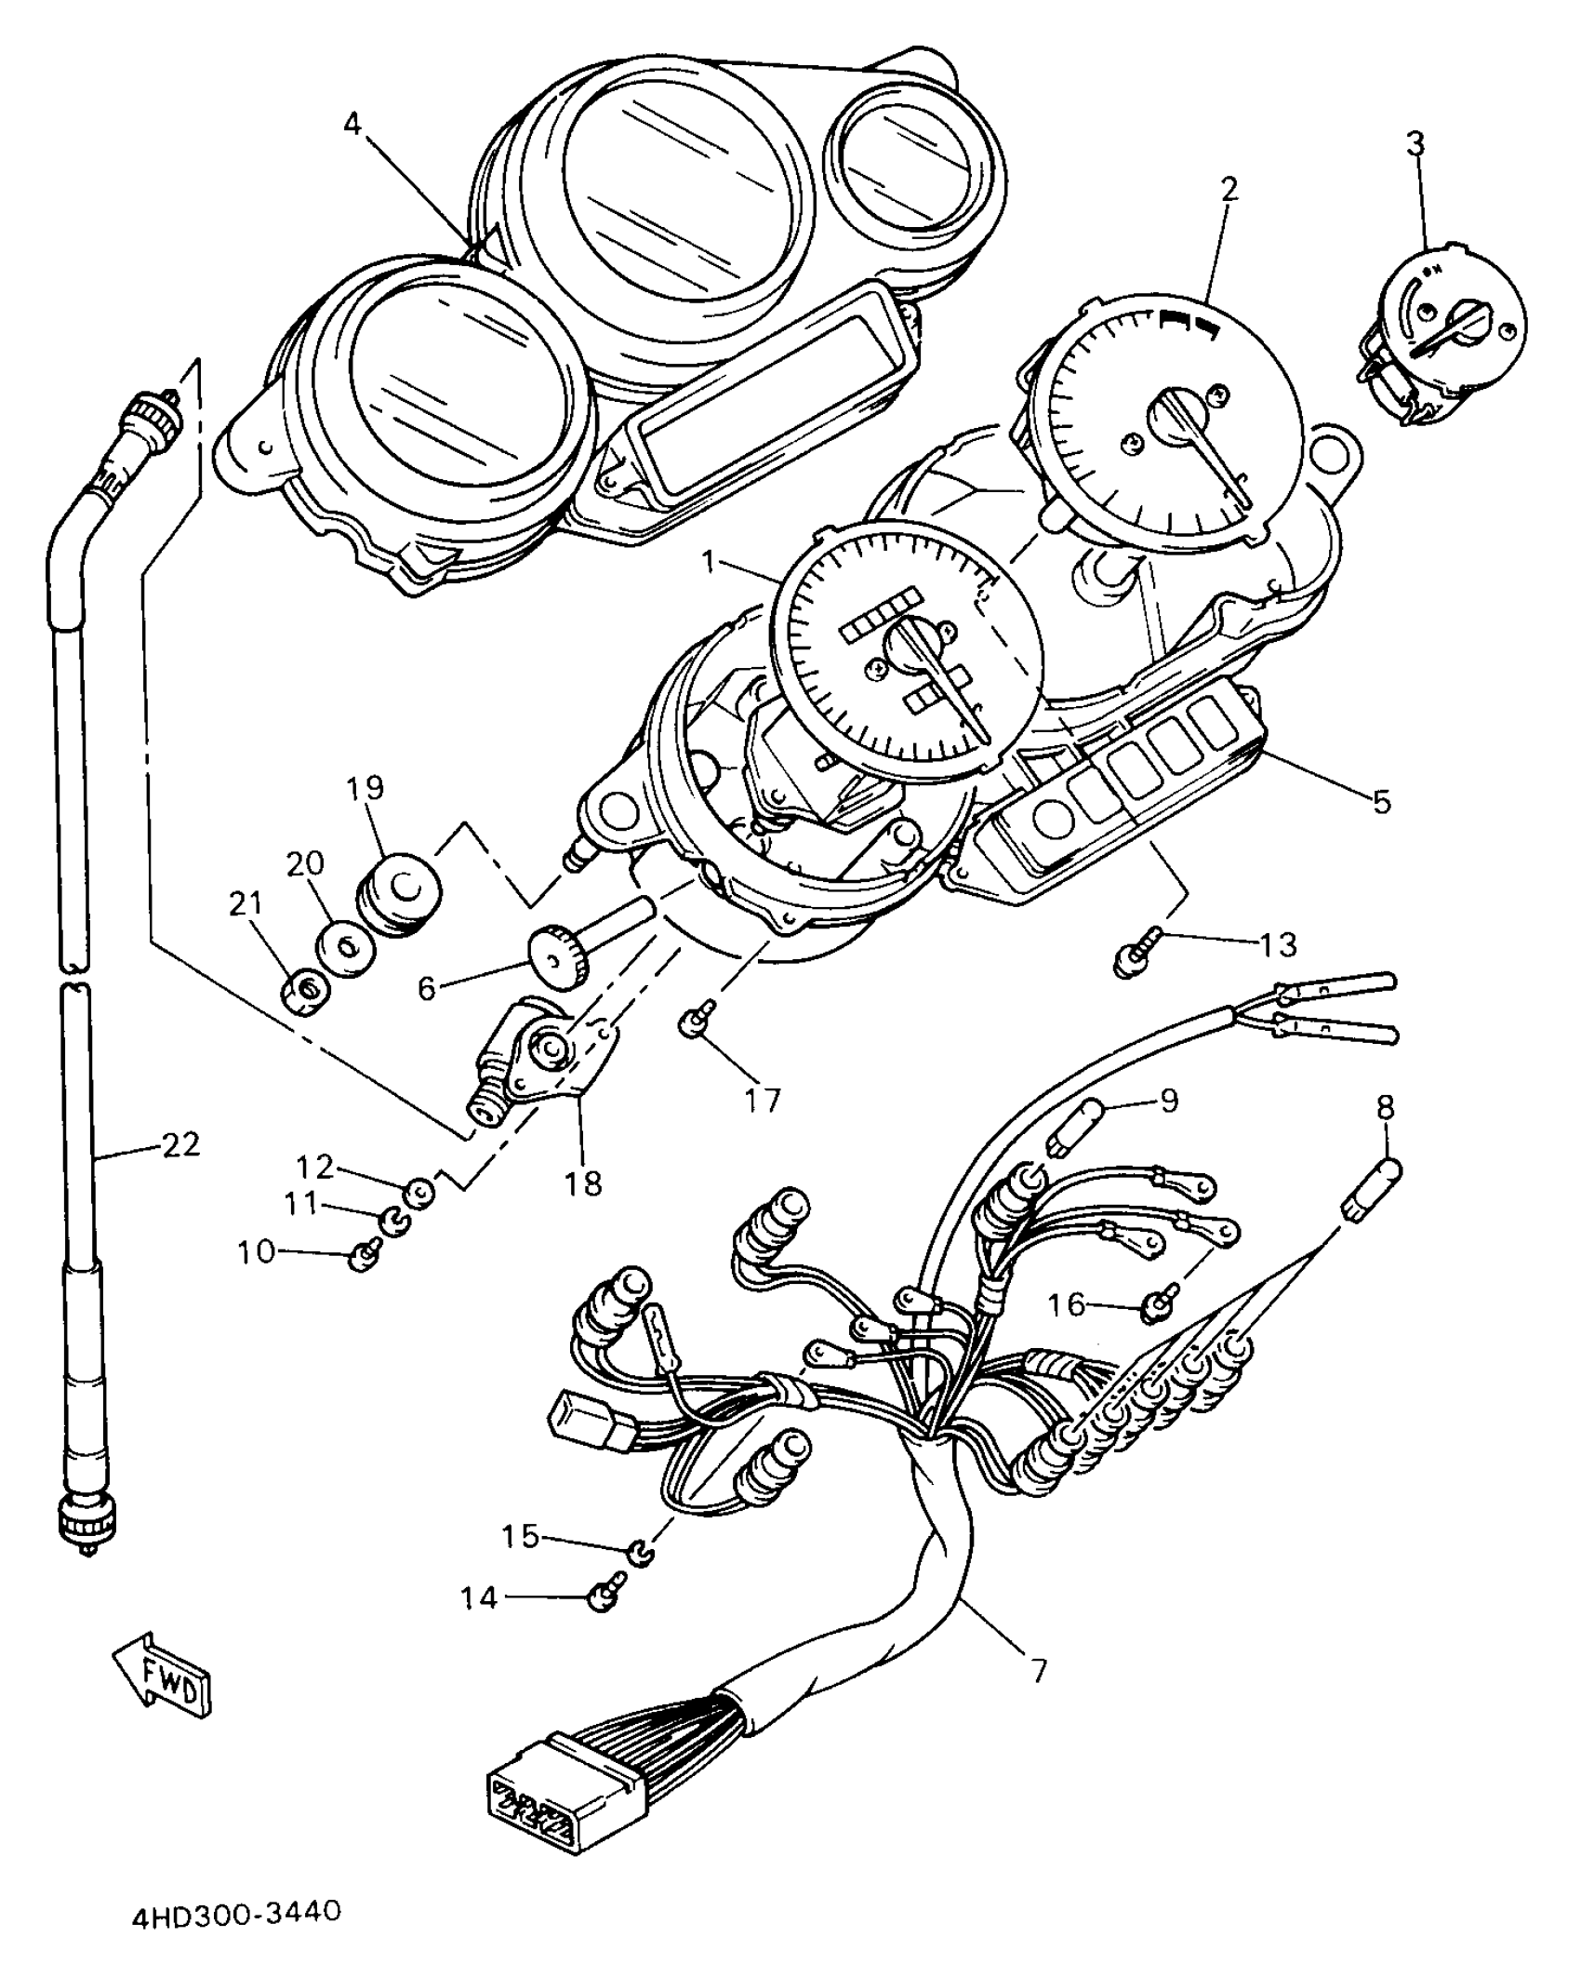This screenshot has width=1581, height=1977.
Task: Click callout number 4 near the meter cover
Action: pos(352,124)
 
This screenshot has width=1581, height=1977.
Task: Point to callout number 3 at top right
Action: pos(1415,143)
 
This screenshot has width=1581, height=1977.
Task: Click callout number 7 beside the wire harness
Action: pos(1038,1670)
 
